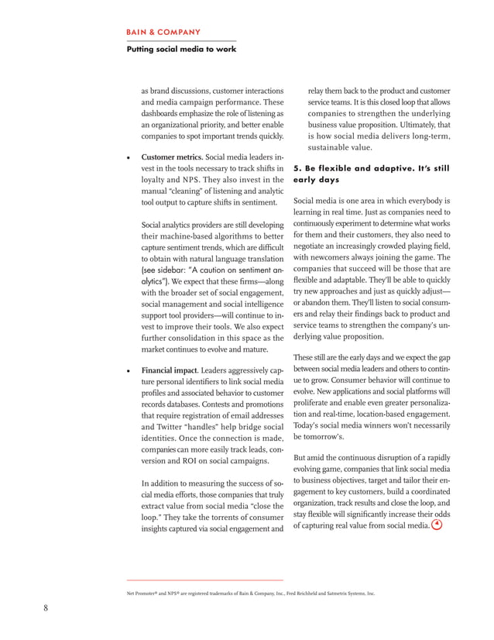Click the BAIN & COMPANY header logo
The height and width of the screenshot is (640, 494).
[163, 33]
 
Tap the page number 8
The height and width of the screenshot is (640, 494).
[46, 607]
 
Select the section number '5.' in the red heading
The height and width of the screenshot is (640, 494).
[298, 167]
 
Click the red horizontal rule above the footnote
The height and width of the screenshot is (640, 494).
[204, 580]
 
